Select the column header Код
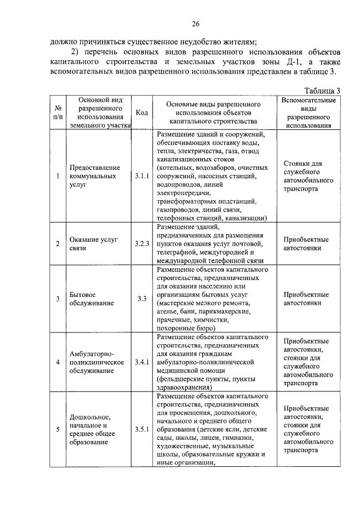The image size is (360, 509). click(142, 112)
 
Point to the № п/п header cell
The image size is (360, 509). click(58, 112)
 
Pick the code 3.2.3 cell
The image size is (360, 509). click(142, 244)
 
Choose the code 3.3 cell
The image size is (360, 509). click(142, 298)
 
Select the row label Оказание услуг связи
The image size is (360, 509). click(93, 244)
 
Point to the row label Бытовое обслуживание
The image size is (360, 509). click(92, 298)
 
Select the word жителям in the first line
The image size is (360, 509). click(238, 40)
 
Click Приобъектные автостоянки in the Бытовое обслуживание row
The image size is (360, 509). click(307, 298)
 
